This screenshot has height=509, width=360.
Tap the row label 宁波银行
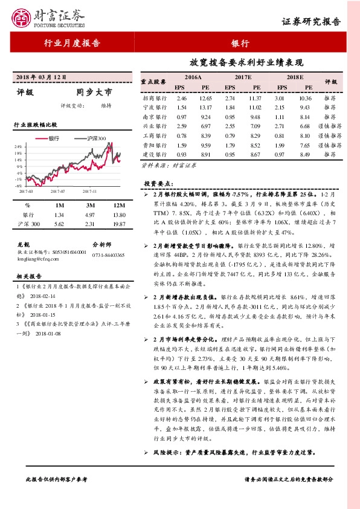(x=154, y=107)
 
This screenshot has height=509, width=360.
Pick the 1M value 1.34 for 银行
(x=59, y=215)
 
